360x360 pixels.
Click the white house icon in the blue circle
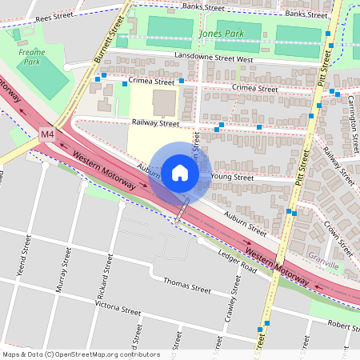(180, 172)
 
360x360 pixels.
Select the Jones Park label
(222, 34)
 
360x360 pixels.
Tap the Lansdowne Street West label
(213, 58)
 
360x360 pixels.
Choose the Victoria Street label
(118, 308)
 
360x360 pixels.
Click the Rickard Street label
(102, 277)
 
